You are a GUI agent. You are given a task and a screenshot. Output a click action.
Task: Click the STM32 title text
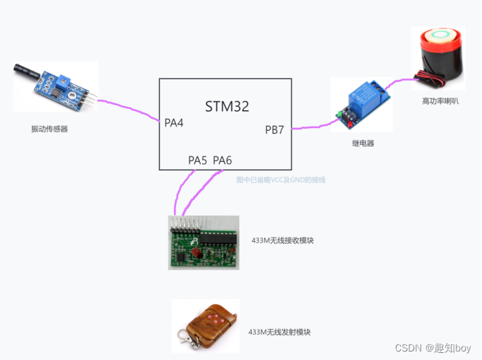pyautogui.click(x=227, y=107)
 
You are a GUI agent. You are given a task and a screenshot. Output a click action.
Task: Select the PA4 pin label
pyautogui.click(x=174, y=123)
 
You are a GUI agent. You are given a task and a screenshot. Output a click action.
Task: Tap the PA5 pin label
pyautogui.click(x=198, y=161)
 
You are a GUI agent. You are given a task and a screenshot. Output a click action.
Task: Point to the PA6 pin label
pyautogui.click(x=223, y=161)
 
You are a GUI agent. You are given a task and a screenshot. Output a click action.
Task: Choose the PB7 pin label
pyautogui.click(x=276, y=130)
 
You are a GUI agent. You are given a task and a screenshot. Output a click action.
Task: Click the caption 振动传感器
pyautogui.click(x=49, y=129)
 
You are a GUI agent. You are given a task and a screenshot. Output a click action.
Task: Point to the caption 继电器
pyautogui.click(x=363, y=143)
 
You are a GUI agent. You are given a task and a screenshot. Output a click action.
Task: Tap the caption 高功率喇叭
pyautogui.click(x=440, y=101)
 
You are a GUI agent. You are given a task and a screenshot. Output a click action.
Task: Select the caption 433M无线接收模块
pyautogui.click(x=283, y=240)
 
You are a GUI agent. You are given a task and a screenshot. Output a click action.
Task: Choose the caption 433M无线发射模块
pyautogui.click(x=280, y=332)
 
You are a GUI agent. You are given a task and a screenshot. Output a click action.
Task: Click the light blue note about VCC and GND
pyautogui.click(x=281, y=180)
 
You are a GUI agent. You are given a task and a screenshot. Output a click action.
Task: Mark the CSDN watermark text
pyautogui.click(x=433, y=348)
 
